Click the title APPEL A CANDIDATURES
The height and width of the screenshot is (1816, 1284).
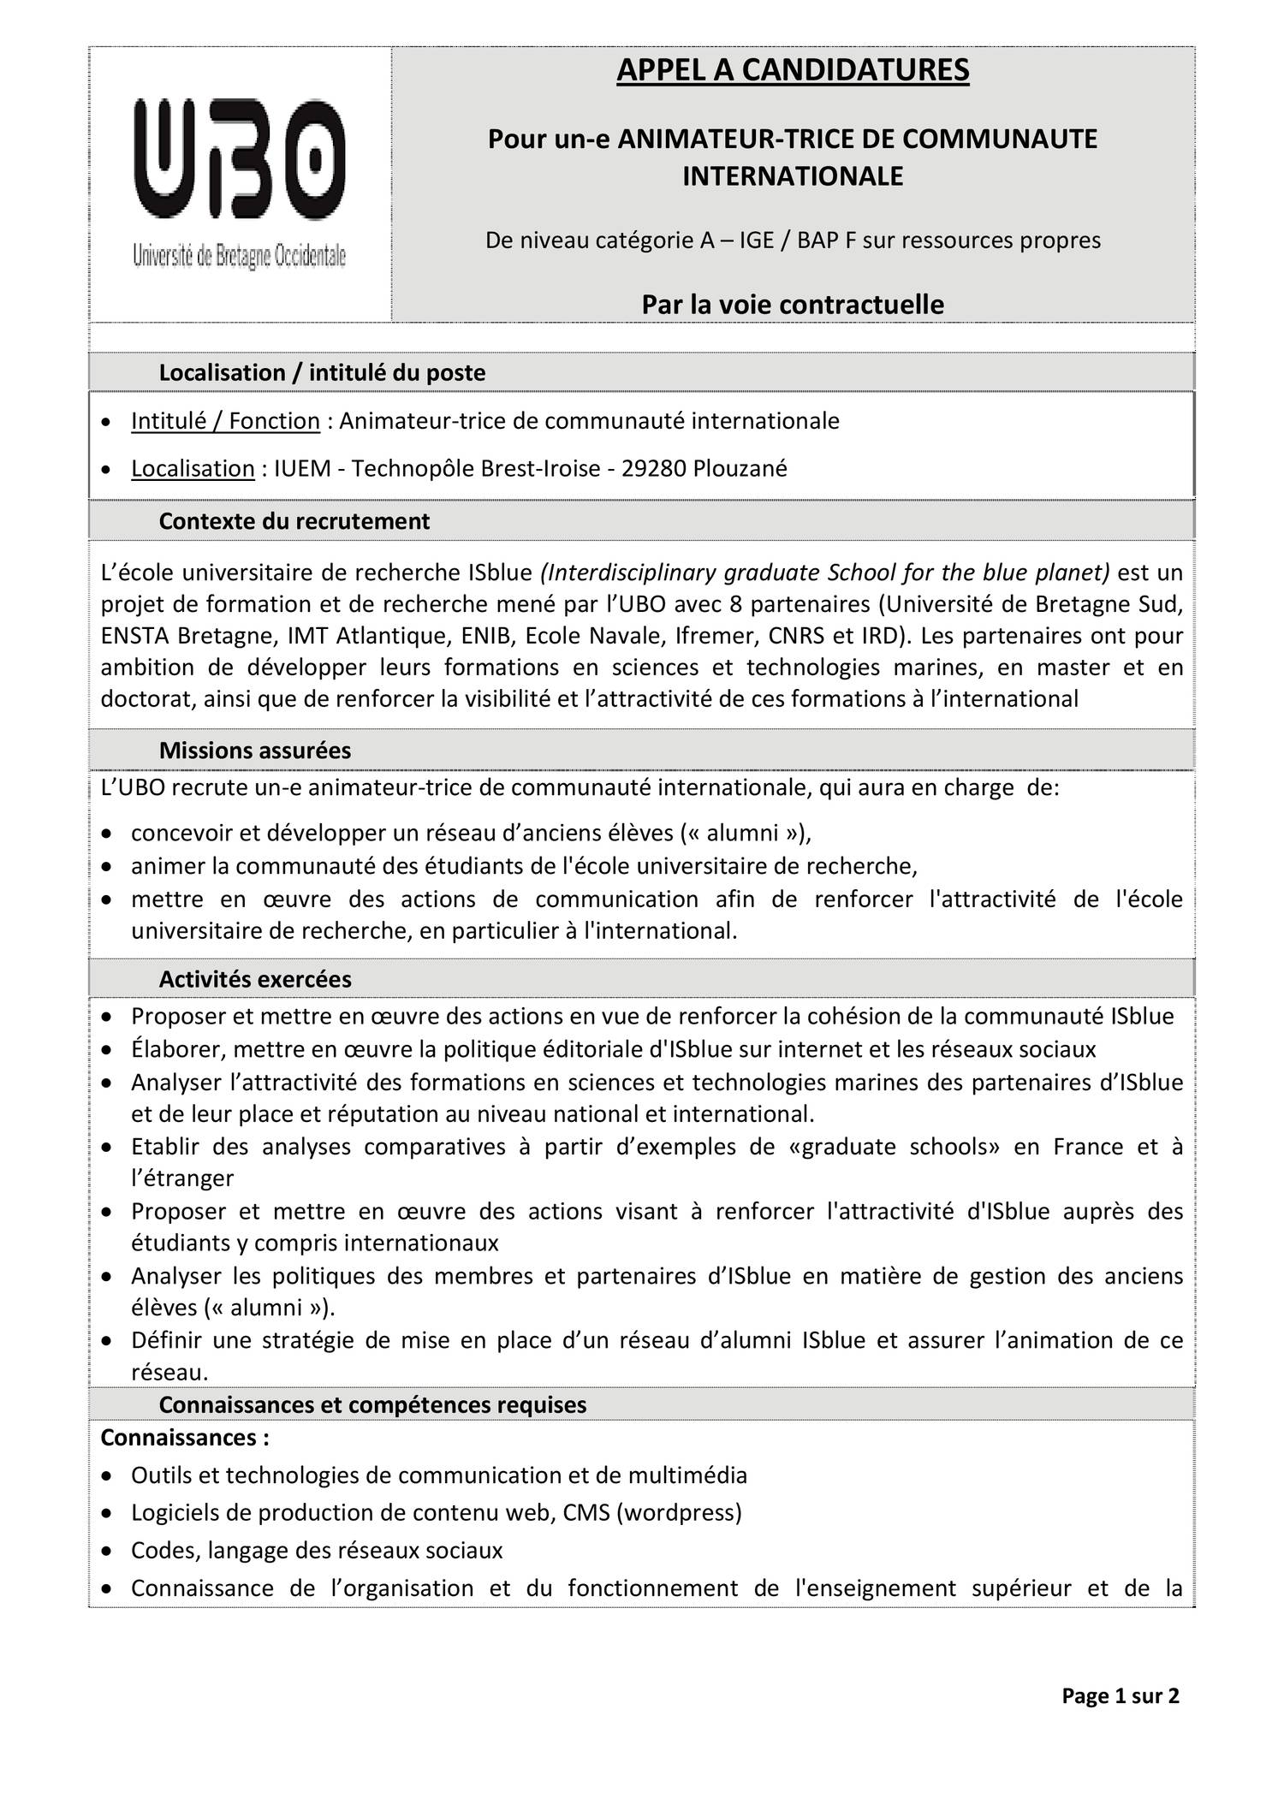click(793, 70)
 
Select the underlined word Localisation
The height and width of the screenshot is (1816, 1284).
click(193, 469)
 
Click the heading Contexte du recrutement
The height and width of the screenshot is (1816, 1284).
click(294, 521)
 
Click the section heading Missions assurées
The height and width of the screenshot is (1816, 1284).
click(254, 751)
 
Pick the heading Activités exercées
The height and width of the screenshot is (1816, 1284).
click(254, 979)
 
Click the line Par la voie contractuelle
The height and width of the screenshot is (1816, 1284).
click(793, 305)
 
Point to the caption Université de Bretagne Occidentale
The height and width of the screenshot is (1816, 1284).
click(239, 255)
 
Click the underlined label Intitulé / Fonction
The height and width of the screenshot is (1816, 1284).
click(225, 421)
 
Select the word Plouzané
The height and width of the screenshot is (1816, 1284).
click(740, 469)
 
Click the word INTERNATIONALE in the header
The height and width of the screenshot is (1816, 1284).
click(793, 176)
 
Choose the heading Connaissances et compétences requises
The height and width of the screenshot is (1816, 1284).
click(372, 1404)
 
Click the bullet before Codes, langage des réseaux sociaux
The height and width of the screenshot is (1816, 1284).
click(105, 1551)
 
